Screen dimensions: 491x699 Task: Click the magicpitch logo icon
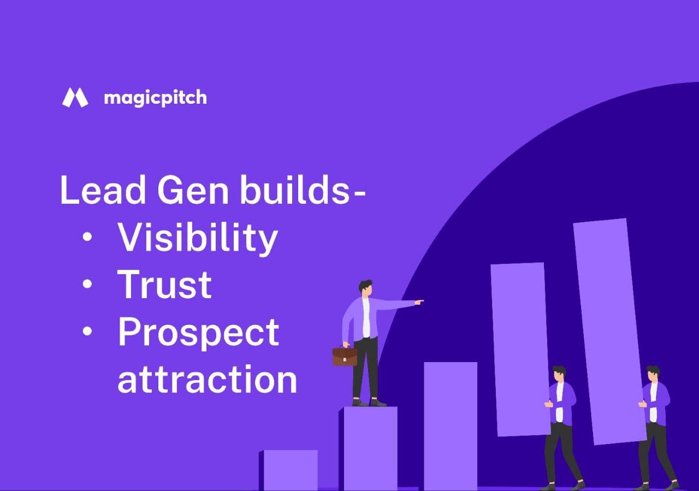coord(75,98)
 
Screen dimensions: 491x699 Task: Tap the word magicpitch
coord(155,98)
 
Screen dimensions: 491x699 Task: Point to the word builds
coord(295,190)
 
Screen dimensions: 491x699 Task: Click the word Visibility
coord(198,238)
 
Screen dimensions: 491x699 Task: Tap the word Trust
coord(164,285)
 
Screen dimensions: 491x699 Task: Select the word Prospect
coord(198,333)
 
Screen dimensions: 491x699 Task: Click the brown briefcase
coord(345,356)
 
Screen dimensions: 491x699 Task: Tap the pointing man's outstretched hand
coord(419,301)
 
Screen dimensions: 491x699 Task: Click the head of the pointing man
coord(366,288)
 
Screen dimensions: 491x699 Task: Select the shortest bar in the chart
coord(289,470)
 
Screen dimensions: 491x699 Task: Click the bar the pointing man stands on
coord(370,448)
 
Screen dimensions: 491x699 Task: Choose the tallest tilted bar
coord(609,330)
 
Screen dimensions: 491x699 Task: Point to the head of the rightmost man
coord(653,374)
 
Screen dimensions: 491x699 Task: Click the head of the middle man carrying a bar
coord(558,374)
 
